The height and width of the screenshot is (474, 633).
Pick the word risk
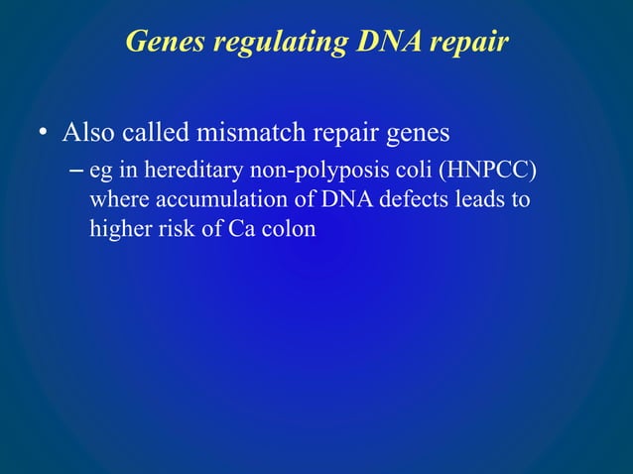coord(177,229)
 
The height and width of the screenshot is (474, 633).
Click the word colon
coord(291,229)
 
